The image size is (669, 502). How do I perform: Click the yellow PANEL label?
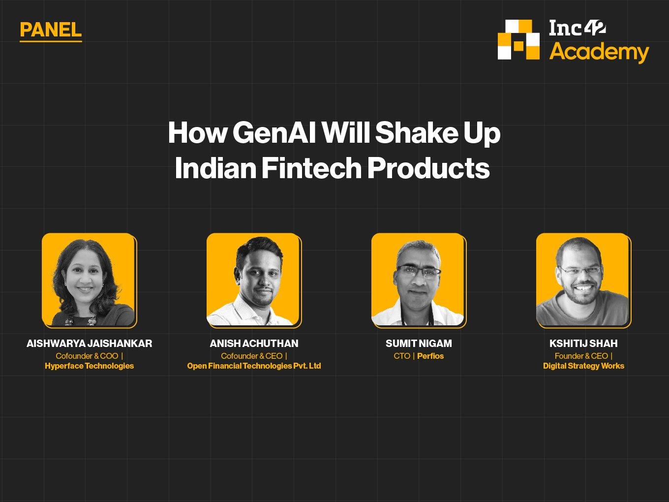coord(51,30)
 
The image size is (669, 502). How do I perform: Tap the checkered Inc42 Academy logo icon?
coord(518,39)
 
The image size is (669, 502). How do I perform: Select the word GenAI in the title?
coord(274,133)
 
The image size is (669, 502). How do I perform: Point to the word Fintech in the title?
coord(311,168)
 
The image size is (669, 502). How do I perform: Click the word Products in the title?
coord(428,168)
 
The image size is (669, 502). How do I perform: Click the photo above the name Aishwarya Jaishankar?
coord(89,280)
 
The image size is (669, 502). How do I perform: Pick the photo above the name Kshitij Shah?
coord(583,280)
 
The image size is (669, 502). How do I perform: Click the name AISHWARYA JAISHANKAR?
coord(90,344)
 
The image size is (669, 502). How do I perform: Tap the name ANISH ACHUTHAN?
coord(254,344)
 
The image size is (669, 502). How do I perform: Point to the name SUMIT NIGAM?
coord(419,344)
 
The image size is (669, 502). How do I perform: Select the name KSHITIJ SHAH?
coord(583,344)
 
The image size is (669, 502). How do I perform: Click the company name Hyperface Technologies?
coord(90,366)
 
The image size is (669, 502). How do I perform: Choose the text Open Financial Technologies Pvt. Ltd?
coord(254,366)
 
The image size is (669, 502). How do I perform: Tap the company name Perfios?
coord(430,356)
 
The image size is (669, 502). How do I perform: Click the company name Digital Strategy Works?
coord(583,366)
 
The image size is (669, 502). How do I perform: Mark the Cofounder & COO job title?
coord(87,356)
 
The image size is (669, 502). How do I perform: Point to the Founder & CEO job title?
coord(581,356)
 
